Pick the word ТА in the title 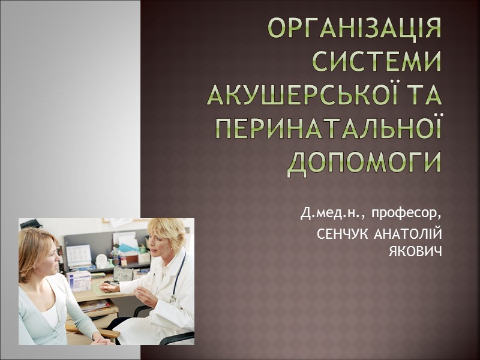(423, 95)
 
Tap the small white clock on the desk (101, 261)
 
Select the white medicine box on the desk (79, 281)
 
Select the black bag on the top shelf (31, 224)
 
